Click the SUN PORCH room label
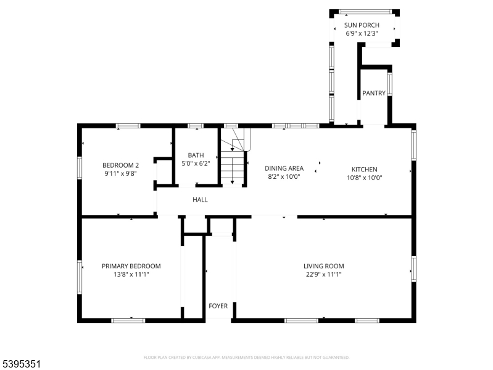click(x=362, y=25)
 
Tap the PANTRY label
click(x=374, y=94)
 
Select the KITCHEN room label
click(x=364, y=170)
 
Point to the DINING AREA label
click(x=284, y=168)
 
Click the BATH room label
click(x=196, y=155)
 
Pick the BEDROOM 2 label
click(x=120, y=165)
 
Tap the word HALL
click(x=200, y=200)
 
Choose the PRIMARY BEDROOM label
click(x=131, y=266)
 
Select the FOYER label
click(x=218, y=306)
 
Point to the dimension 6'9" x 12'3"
click(x=362, y=33)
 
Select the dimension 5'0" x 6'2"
click(x=196, y=163)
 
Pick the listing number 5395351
click(x=22, y=364)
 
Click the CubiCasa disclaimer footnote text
click(x=246, y=357)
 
